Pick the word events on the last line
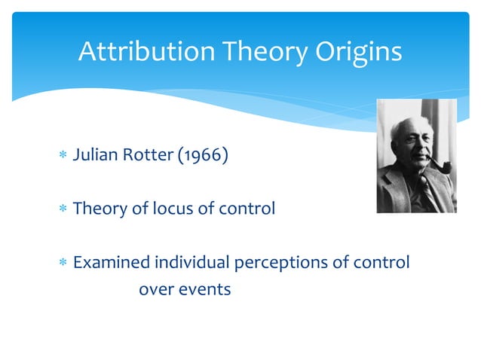[x=206, y=288]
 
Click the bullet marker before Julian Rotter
[x=63, y=157]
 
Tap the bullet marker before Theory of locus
[x=63, y=209]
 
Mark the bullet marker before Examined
[x=63, y=263]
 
